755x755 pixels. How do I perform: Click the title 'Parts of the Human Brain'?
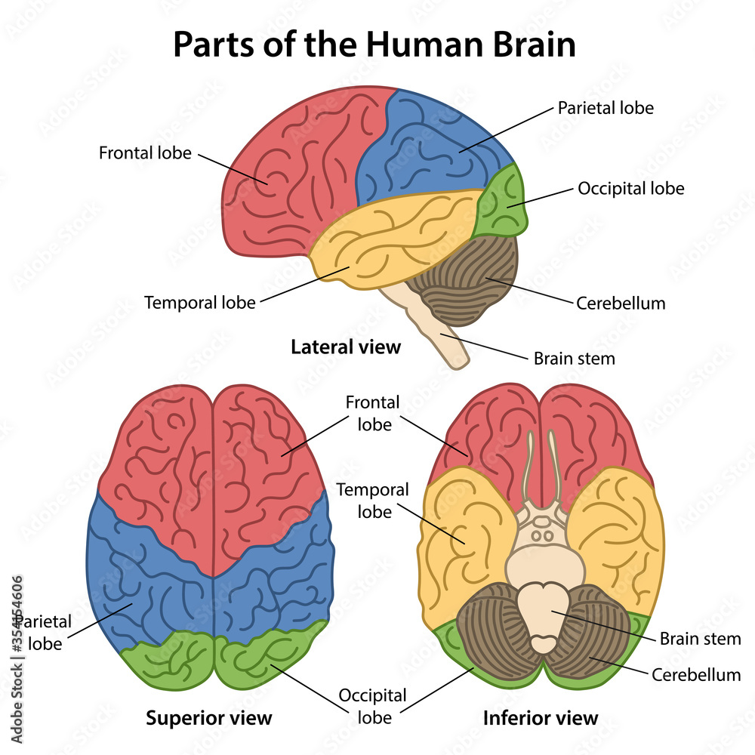click(374, 45)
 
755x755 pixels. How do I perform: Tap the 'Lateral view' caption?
click(346, 347)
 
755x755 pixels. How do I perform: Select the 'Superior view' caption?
click(209, 716)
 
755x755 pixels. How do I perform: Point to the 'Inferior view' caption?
click(541, 717)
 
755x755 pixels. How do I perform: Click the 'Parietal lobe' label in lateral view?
click(606, 107)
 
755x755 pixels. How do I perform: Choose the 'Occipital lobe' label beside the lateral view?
click(630, 188)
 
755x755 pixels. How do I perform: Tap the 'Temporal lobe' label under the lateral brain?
click(200, 303)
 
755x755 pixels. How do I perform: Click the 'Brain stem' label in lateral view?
click(574, 359)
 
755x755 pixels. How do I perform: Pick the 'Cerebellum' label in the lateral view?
click(621, 304)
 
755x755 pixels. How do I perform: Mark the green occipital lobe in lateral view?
click(503, 202)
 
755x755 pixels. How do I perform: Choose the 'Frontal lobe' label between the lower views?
click(373, 413)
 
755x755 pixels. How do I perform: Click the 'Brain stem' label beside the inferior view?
click(700, 639)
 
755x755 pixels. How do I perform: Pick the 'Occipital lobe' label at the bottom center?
click(372, 706)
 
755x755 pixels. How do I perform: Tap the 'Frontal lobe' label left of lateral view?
click(146, 153)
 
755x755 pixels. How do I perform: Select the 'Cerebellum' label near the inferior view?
click(695, 674)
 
